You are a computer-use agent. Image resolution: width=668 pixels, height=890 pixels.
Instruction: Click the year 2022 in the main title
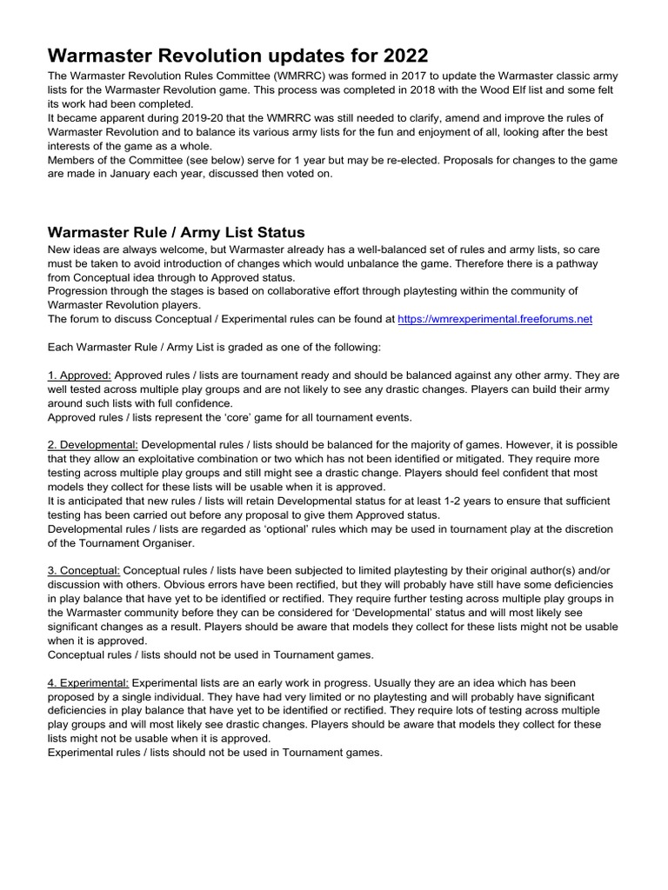coord(399,56)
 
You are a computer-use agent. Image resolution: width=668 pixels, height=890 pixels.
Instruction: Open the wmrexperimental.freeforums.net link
coord(495,319)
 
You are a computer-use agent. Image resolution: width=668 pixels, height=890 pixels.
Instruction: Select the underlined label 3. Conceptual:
coord(83,558)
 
